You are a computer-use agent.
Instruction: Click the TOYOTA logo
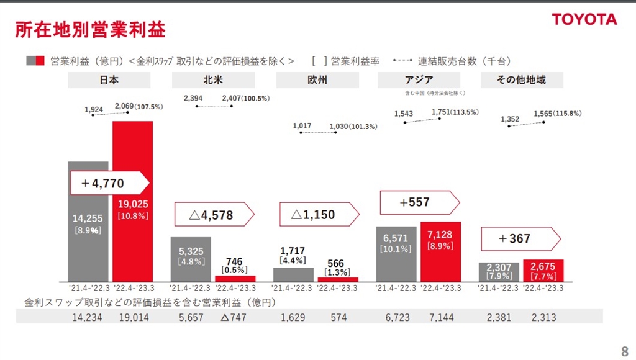click(x=584, y=19)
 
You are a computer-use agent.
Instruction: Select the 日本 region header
click(x=109, y=80)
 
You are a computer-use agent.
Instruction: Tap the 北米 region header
click(x=212, y=80)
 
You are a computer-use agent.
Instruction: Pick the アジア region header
click(x=419, y=80)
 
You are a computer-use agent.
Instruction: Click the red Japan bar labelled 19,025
click(x=132, y=248)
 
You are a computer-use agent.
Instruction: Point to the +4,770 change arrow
click(x=109, y=183)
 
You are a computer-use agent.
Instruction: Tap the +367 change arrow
click(x=520, y=239)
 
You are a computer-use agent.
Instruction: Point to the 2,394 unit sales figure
click(x=193, y=98)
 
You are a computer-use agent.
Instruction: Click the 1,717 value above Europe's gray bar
click(x=293, y=251)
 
